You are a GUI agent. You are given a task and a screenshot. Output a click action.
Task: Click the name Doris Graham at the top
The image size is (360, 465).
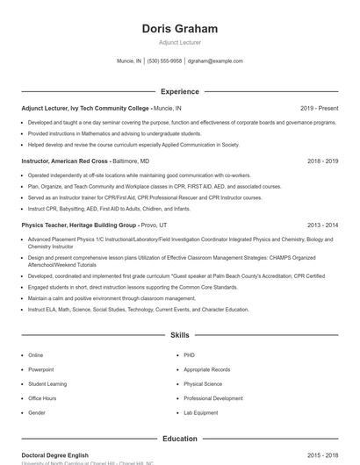point(179,28)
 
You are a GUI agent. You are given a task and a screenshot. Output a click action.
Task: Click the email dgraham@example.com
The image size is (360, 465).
point(215,61)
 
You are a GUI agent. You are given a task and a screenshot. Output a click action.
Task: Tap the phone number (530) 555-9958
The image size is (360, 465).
point(164,61)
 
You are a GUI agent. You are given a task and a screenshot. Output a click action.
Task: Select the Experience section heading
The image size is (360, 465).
point(179,91)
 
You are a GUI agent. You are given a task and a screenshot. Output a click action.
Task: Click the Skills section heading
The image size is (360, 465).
point(179,335)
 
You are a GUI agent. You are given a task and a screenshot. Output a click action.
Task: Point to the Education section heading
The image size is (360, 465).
point(179,439)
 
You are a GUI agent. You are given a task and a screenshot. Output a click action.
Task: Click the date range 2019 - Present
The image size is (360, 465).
point(319,108)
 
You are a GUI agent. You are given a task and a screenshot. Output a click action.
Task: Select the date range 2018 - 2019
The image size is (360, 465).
point(320,161)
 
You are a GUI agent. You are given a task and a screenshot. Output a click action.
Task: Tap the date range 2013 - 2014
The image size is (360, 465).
point(320,225)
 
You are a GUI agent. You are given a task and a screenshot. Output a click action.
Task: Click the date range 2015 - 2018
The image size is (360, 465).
point(320,455)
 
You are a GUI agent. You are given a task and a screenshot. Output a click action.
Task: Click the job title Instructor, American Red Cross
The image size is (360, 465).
point(64,161)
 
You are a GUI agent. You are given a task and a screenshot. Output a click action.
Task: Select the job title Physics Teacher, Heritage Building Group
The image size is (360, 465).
point(78,225)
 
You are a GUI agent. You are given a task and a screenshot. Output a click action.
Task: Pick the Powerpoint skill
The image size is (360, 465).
point(40,369)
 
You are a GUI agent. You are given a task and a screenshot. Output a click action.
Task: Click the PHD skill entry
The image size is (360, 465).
point(189,355)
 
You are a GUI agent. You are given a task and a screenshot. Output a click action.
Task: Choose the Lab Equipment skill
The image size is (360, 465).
point(200,412)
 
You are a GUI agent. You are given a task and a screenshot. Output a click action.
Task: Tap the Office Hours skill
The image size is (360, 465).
point(42,398)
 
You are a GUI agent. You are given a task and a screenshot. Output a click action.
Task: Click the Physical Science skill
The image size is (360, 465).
point(203,383)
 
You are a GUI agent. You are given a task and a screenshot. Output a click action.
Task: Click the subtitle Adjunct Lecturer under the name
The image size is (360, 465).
point(179,42)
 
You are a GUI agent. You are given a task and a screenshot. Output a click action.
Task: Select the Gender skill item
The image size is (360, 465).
point(37,412)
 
